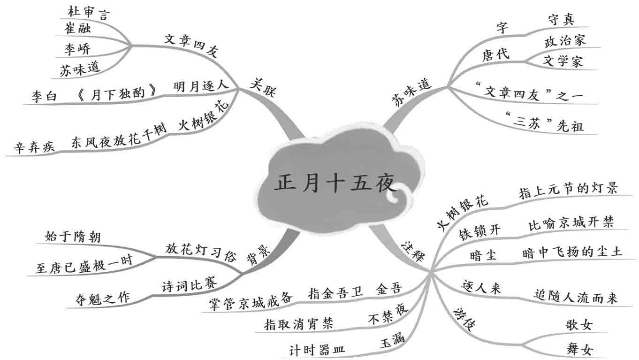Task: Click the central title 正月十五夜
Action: pos(335,184)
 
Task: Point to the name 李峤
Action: pos(77,48)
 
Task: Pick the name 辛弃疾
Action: pos(34,147)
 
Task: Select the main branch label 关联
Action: pos(263,87)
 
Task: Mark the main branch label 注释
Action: pos(413,252)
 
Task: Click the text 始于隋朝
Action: pos(73,237)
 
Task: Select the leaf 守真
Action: pos(561,20)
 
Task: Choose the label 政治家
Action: pos(565,41)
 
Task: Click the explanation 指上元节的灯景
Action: pos(568,189)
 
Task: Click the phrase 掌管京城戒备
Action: pos(251,299)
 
